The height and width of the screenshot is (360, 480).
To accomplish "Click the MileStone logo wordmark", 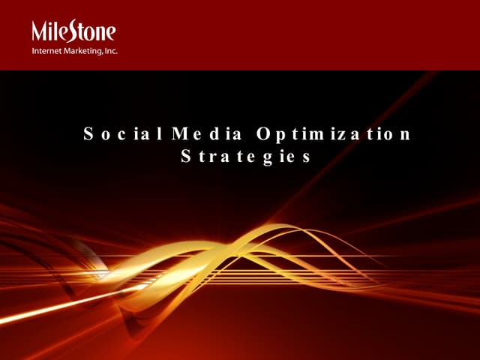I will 73,31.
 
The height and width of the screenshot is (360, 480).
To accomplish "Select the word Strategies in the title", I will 246,157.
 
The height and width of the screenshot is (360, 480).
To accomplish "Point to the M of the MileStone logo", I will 40,31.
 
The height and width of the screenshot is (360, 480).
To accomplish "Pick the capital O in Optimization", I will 262,135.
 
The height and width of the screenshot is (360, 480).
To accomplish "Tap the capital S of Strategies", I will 187,157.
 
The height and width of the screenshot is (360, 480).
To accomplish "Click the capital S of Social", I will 88,135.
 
